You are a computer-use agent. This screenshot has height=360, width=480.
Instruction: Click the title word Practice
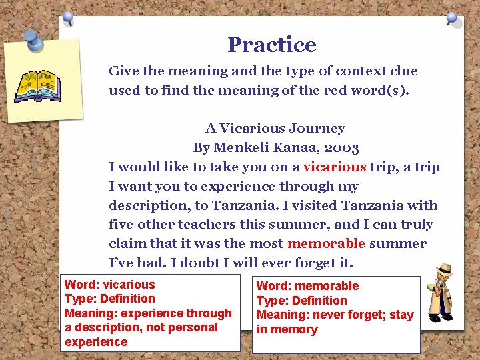[x=271, y=45]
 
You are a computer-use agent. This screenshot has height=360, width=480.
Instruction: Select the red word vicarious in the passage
[x=335, y=167]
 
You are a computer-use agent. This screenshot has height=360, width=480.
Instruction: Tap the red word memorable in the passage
[x=326, y=243]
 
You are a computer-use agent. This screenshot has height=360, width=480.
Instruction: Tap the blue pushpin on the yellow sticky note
[x=33, y=41]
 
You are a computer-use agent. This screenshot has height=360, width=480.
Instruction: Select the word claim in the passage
[x=127, y=243]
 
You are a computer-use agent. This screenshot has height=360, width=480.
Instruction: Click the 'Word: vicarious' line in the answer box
[x=109, y=285]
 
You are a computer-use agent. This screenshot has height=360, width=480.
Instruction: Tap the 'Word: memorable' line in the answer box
[x=307, y=286]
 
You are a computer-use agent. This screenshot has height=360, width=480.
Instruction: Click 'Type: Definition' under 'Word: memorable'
[x=301, y=301]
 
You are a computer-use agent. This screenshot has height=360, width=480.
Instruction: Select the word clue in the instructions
[x=403, y=71]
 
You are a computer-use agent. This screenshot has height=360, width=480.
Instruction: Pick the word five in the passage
[x=122, y=225]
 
